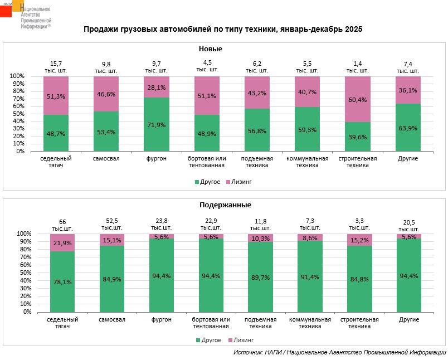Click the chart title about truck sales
click(223, 29)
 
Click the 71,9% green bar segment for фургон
click(157, 124)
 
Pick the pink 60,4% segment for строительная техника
click(358, 99)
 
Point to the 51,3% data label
click(56, 96)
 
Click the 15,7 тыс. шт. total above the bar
click(56, 67)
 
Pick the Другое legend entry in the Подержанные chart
click(208, 340)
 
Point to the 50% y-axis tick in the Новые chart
click(17, 114)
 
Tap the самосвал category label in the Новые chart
click(106, 159)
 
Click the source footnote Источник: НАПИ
click(340, 353)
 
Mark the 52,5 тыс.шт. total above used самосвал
click(112, 225)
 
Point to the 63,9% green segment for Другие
click(408, 127)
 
